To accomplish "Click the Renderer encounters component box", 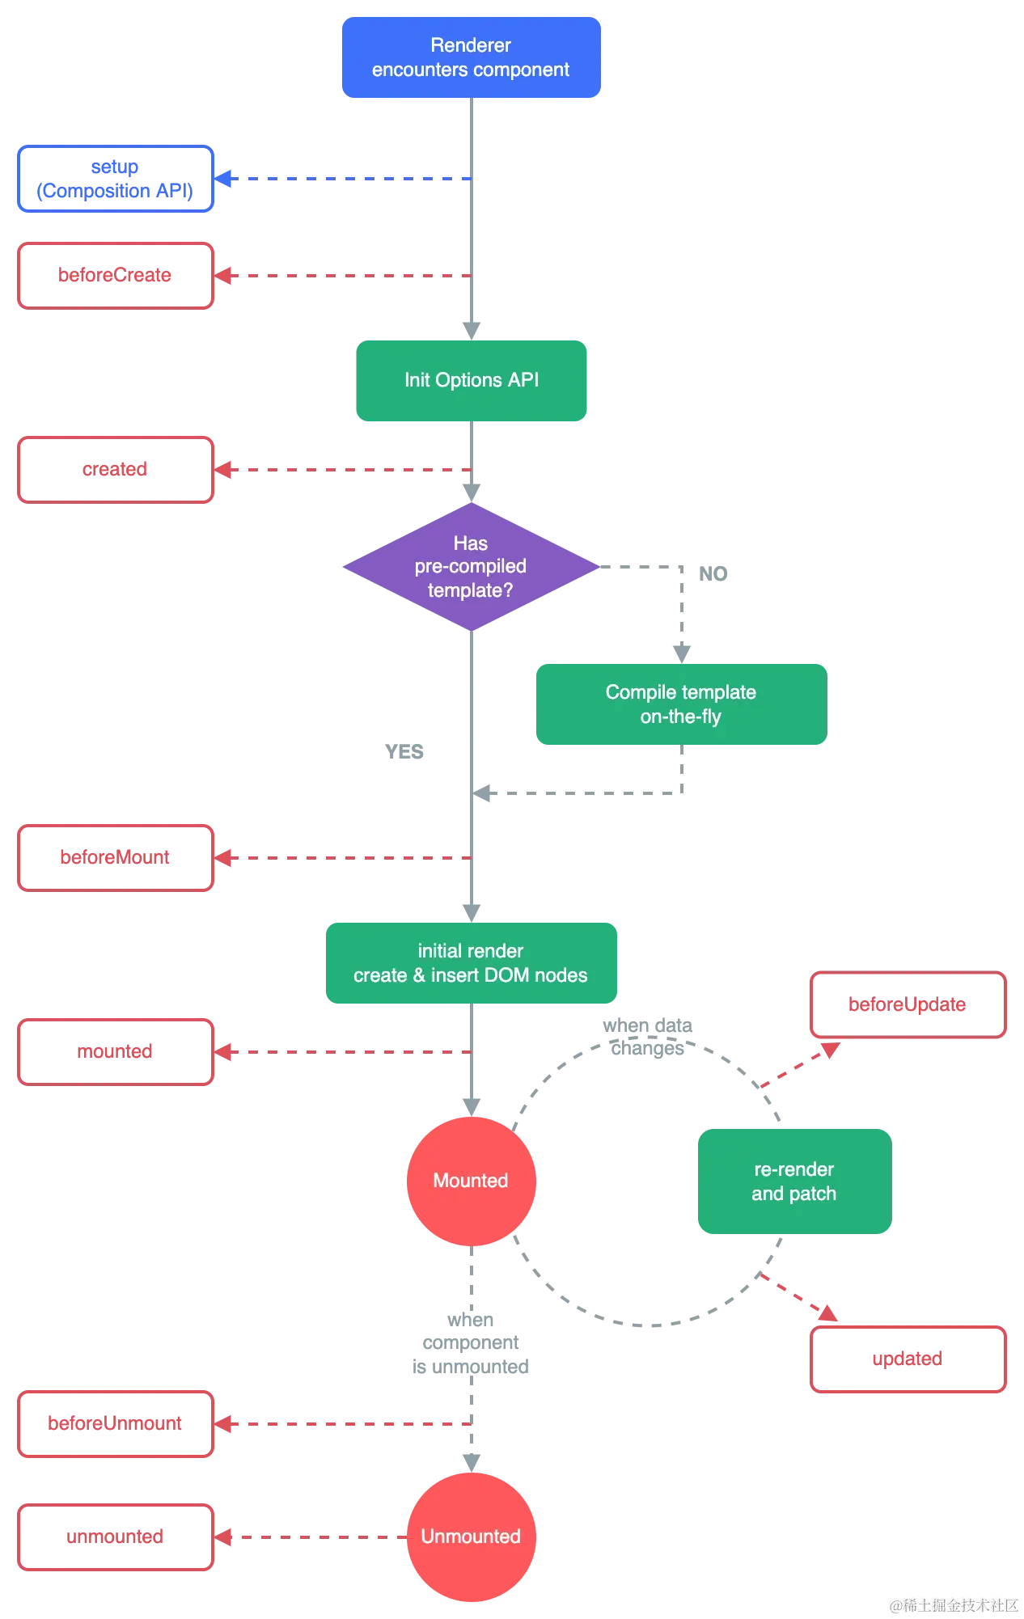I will coord(471,57).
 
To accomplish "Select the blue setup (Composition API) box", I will coord(114,179).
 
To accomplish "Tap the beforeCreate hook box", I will coord(114,275).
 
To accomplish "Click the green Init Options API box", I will coord(472,380).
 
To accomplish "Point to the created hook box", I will coord(114,469).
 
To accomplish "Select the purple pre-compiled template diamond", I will coord(470,567).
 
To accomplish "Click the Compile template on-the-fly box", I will coord(680,704).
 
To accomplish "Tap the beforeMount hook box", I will coord(114,857).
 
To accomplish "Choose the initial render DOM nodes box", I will coord(471,963).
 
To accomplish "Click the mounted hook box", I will coord(114,1051).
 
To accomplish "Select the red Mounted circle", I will coord(470,1181).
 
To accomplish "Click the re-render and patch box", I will coord(793,1181).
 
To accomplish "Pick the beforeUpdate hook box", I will coord(908,1005).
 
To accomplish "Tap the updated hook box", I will coord(908,1359).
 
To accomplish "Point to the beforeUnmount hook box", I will coord(114,1423).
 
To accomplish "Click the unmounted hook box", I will coord(114,1537).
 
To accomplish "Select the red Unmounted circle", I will coord(470,1537).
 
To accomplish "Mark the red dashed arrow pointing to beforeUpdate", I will coord(801,1063).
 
